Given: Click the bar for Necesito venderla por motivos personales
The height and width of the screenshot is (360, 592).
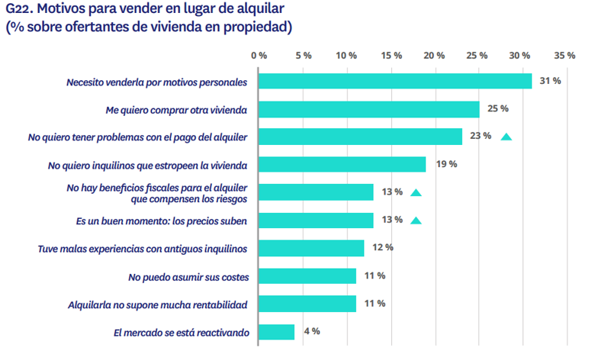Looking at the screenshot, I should [395, 81].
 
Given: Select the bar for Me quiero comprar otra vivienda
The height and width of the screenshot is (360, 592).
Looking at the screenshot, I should [368, 109].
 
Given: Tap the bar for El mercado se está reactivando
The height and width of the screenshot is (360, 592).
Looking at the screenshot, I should [276, 332].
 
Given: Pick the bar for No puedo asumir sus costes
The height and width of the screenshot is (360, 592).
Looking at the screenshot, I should [307, 276].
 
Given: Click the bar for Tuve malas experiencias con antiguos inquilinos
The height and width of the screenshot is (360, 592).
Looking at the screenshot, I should [311, 248].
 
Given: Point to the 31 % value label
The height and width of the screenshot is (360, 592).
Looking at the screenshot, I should [550, 81].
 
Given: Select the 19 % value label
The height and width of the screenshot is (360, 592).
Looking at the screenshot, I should [446, 164].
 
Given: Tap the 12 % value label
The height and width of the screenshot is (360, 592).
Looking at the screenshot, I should [382, 248].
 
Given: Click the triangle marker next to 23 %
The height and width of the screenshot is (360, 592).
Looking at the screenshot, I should [506, 137].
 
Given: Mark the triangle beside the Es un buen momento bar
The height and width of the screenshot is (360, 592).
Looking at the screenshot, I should [416, 221].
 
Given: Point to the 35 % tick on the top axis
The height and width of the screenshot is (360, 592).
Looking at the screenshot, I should [565, 56].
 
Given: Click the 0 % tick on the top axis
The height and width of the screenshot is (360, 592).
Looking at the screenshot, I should [259, 56].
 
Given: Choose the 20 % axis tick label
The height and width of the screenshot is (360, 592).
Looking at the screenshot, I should [434, 56].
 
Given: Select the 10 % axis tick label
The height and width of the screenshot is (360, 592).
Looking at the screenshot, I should [346, 56].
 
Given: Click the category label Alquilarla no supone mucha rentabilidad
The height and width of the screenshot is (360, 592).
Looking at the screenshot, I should [157, 304].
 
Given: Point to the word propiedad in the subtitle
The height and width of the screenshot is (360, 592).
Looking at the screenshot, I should [253, 28].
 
